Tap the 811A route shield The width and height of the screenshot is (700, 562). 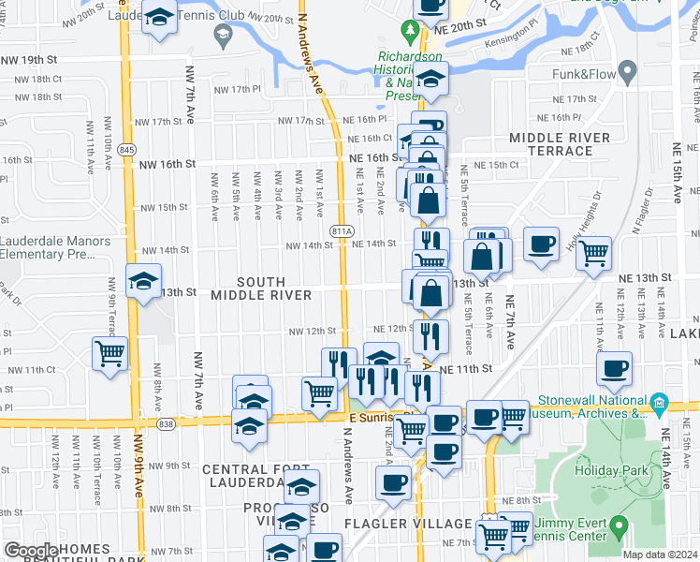[342, 230]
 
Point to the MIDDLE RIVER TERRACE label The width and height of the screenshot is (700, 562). [560, 143]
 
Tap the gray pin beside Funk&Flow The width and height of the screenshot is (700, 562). [627, 70]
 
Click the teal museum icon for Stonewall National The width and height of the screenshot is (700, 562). [659, 403]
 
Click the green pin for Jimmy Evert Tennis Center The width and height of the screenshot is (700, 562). [619, 527]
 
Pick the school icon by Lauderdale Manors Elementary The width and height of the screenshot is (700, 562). [143, 280]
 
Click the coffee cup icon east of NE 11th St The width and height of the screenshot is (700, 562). [614, 367]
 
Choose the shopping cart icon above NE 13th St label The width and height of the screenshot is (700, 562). [594, 251]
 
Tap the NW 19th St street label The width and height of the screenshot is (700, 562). [30, 59]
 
